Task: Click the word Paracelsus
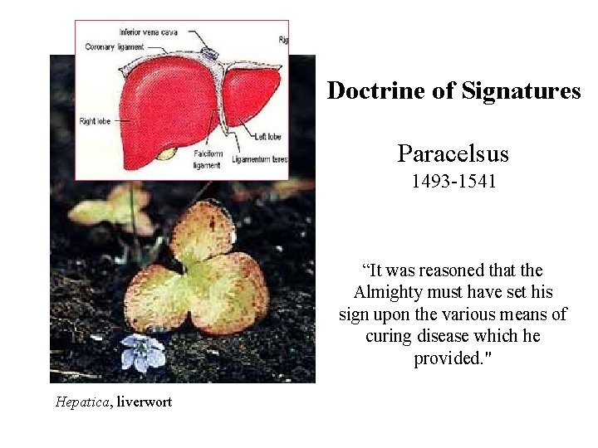(x=453, y=153)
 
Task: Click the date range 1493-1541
(x=453, y=181)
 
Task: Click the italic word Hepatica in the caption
(x=82, y=402)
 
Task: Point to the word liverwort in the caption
(x=144, y=402)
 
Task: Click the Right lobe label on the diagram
(x=96, y=122)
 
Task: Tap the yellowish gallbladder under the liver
(x=167, y=153)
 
